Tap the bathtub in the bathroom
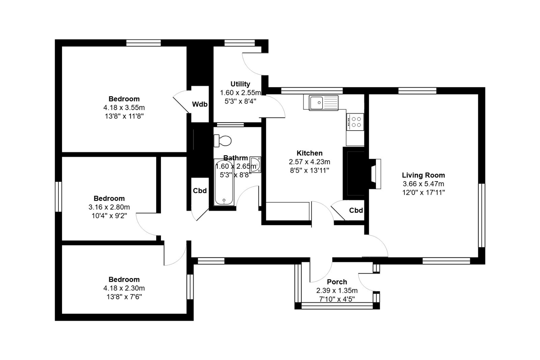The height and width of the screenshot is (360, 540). [x=224, y=182]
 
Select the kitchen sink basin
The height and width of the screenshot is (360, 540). [x=316, y=103]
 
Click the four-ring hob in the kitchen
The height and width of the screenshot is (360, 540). [x=355, y=122]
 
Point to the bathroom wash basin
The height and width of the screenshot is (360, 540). [x=255, y=165]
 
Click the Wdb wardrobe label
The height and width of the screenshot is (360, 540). [x=200, y=104]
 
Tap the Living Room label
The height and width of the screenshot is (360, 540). [x=423, y=175]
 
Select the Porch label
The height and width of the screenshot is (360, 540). [x=337, y=282]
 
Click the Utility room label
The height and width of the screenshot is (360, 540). [x=240, y=84]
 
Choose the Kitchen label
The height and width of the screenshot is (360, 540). [x=309, y=153]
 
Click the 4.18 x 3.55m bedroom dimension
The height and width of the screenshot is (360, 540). [x=124, y=108]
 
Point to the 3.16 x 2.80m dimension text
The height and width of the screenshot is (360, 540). [x=109, y=207]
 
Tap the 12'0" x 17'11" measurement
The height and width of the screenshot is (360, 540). [x=423, y=193]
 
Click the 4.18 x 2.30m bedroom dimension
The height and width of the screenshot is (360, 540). [x=124, y=288]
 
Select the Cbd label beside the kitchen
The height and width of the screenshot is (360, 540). [x=356, y=210]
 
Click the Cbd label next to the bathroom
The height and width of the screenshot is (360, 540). [x=200, y=191]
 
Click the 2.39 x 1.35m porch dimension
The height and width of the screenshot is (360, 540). [x=337, y=290]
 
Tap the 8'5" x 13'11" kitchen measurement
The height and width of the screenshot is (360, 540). [x=309, y=171]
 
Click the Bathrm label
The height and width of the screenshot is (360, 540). [x=236, y=158]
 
